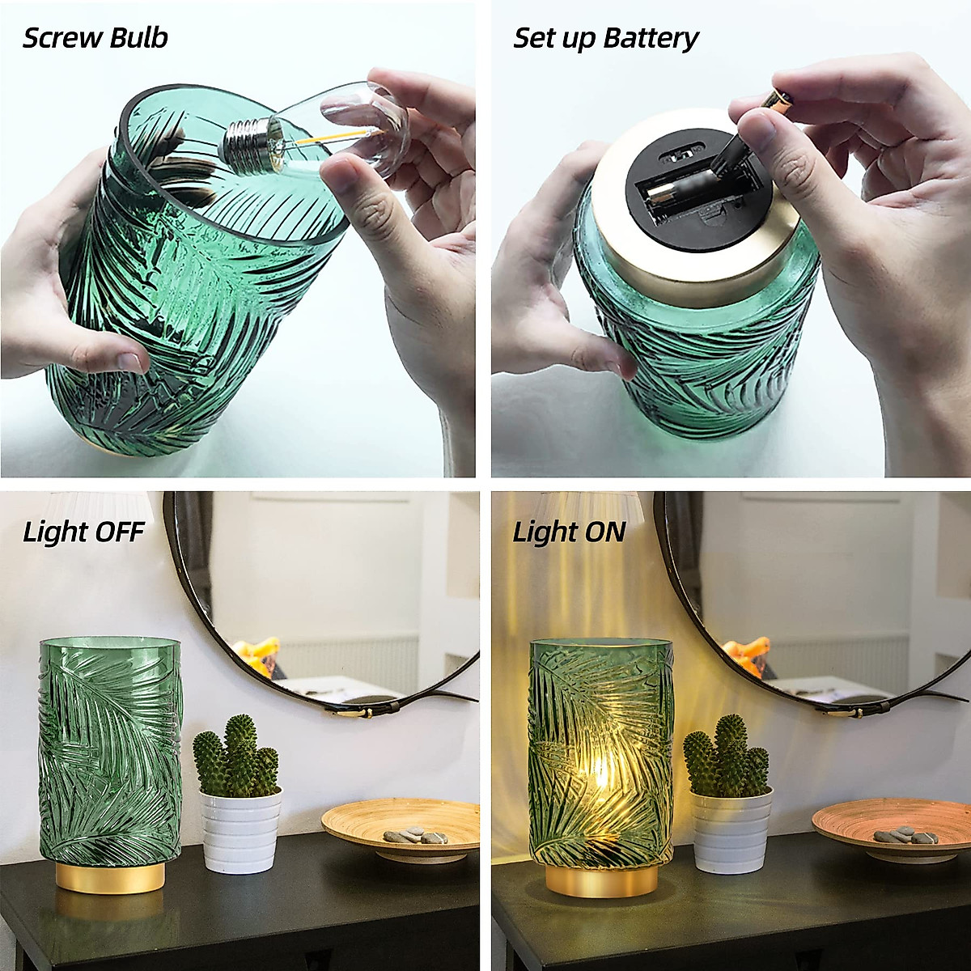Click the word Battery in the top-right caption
point(651,39)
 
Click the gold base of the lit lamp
point(600,880)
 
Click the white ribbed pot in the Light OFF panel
point(240,833)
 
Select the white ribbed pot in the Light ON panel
point(731,833)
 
